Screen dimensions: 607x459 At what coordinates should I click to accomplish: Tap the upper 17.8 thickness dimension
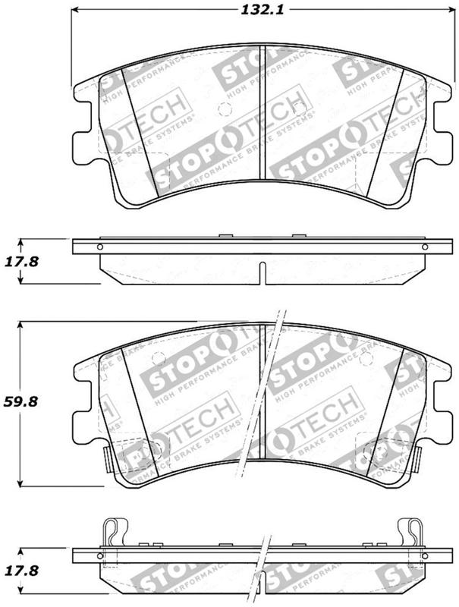click(23, 262)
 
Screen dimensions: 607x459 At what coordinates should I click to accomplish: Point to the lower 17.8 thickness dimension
click(23, 568)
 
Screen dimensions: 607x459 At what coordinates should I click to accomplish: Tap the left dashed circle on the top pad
click(223, 109)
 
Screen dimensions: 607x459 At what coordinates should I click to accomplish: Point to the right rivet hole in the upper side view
click(422, 247)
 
